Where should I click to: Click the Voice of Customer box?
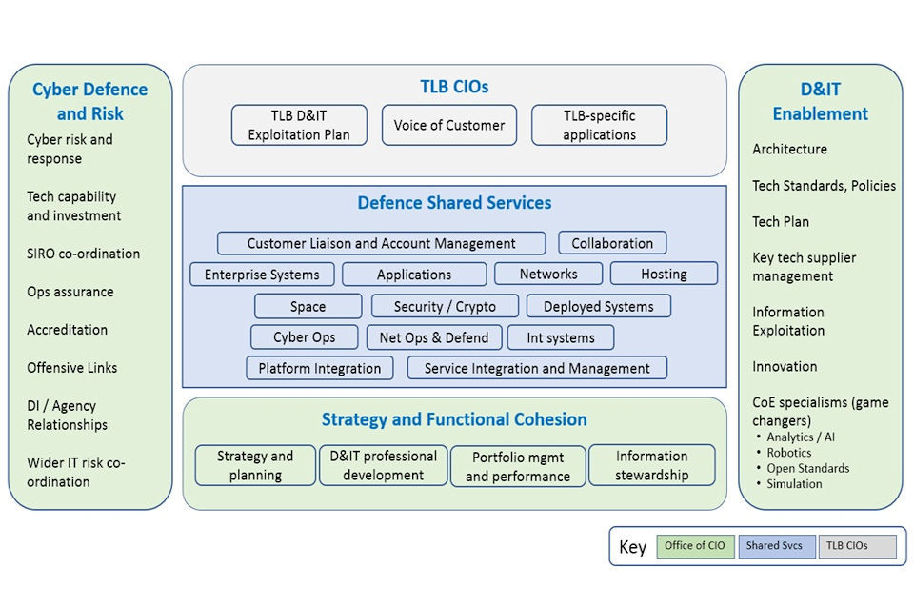449,125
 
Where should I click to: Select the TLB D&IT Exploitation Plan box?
299,125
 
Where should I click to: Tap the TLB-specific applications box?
599,125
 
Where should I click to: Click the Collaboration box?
612,243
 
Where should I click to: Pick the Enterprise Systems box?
262,274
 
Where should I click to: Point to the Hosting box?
664,274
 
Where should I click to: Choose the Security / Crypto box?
445,306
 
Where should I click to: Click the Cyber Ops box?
305,336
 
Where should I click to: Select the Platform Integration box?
319,368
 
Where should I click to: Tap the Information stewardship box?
651,465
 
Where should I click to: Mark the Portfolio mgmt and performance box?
518,466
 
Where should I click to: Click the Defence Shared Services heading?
454,203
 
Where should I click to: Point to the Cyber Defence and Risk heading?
89,101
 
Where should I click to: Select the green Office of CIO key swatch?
694,546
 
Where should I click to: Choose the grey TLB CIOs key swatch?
856,546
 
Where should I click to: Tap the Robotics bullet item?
789,453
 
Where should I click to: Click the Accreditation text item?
67,330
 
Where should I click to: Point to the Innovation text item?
785,366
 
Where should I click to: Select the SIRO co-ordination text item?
83,254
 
